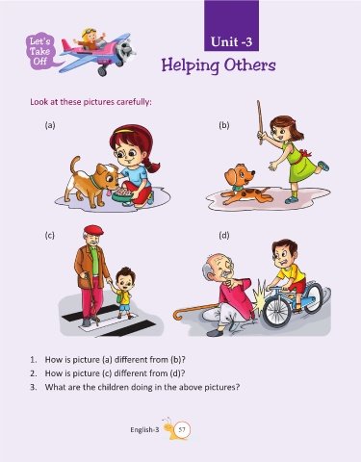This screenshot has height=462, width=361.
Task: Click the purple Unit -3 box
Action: tap(231, 26)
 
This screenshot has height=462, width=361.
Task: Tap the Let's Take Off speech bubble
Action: tap(41, 51)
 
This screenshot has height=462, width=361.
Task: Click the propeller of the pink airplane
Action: tap(124, 51)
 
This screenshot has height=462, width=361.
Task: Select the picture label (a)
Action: tap(50, 125)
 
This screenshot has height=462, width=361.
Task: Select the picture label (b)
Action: tap(224, 125)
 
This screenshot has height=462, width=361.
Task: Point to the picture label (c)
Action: tap(49, 235)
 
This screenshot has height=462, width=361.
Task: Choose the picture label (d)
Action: tap(224, 235)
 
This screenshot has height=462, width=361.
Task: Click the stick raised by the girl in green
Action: tap(260, 122)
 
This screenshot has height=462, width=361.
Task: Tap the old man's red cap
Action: tap(93, 230)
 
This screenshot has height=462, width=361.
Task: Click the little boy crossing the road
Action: tap(123, 293)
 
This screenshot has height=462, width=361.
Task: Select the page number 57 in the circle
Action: tap(182, 430)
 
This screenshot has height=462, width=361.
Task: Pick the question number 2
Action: tap(34, 373)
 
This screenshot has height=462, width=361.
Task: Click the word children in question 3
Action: tap(112, 387)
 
